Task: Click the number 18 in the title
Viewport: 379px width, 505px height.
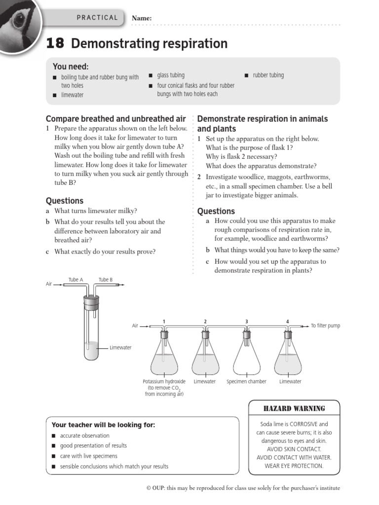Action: coord(55,44)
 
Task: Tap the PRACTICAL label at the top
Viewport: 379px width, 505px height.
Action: coord(97,18)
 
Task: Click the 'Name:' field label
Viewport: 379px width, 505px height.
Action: coord(141,18)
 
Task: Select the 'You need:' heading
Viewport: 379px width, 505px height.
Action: coord(71,67)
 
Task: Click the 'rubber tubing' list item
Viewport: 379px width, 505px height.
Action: coord(268,75)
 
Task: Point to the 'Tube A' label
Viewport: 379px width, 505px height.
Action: coord(76,280)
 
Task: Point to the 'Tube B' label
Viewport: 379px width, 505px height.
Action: coord(106,280)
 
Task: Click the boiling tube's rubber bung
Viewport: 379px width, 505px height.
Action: coord(91,300)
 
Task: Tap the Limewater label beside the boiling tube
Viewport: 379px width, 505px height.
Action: coord(120,348)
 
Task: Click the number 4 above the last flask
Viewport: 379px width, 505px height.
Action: coord(288,322)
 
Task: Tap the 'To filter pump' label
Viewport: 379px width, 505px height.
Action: coord(325,326)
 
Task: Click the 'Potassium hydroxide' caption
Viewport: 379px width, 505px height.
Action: coord(164,382)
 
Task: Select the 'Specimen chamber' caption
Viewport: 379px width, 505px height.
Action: coord(246,382)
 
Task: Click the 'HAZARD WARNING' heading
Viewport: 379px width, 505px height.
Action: coord(295,408)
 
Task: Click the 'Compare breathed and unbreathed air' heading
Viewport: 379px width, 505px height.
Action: coord(116,119)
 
